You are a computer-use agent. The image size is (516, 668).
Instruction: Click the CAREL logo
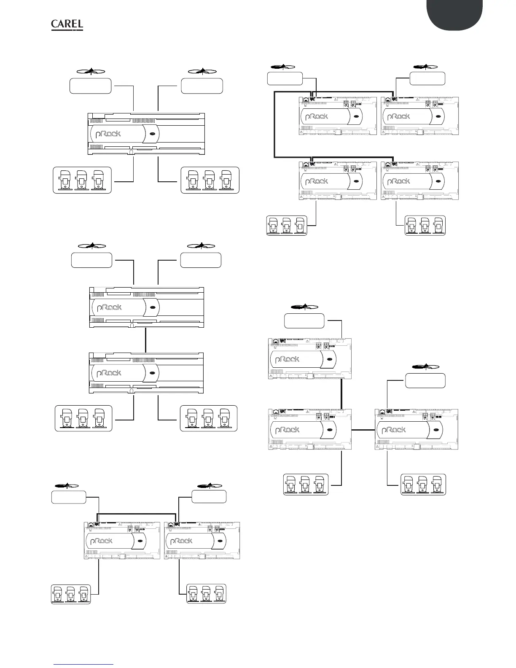pyautogui.click(x=67, y=25)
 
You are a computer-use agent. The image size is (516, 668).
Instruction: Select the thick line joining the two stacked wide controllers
pyautogui.click(x=145, y=340)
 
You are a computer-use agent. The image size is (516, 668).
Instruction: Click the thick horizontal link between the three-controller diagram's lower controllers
pyautogui.click(x=363, y=430)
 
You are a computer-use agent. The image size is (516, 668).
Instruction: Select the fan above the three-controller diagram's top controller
pyautogui.click(x=304, y=307)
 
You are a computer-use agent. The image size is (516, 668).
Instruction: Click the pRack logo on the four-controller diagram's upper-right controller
pyautogui.click(x=399, y=116)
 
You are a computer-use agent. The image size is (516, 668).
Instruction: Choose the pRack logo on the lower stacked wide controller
pyautogui.click(x=109, y=373)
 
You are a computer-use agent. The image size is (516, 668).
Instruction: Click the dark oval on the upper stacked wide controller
pyautogui.click(x=153, y=307)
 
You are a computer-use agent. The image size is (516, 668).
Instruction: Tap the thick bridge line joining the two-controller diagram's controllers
pyautogui.click(x=137, y=514)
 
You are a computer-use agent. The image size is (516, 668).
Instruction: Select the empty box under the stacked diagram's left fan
pyautogui.click(x=91, y=260)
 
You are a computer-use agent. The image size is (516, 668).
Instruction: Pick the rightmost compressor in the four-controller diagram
pyautogui.click(x=438, y=225)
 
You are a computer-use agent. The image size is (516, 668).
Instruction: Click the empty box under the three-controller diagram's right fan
pyautogui.click(x=425, y=380)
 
